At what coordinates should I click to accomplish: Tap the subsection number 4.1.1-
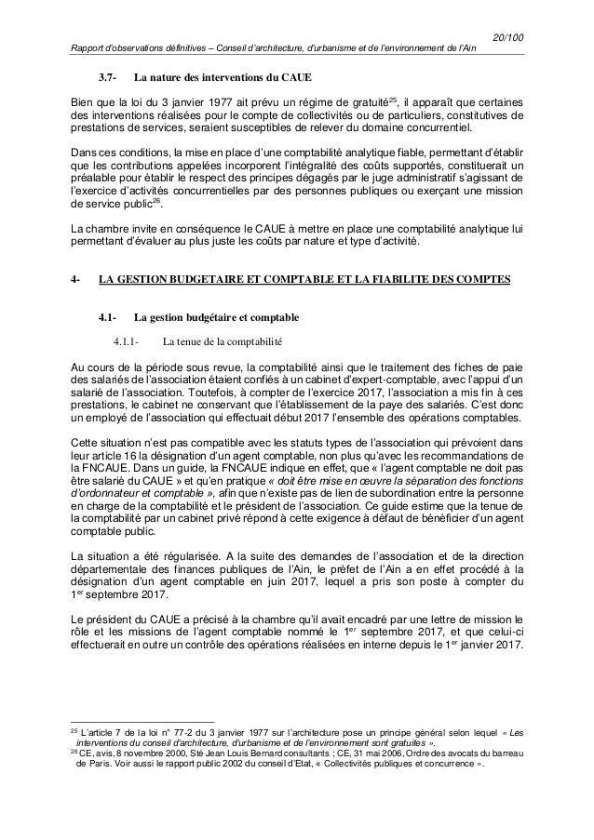click(126, 337)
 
